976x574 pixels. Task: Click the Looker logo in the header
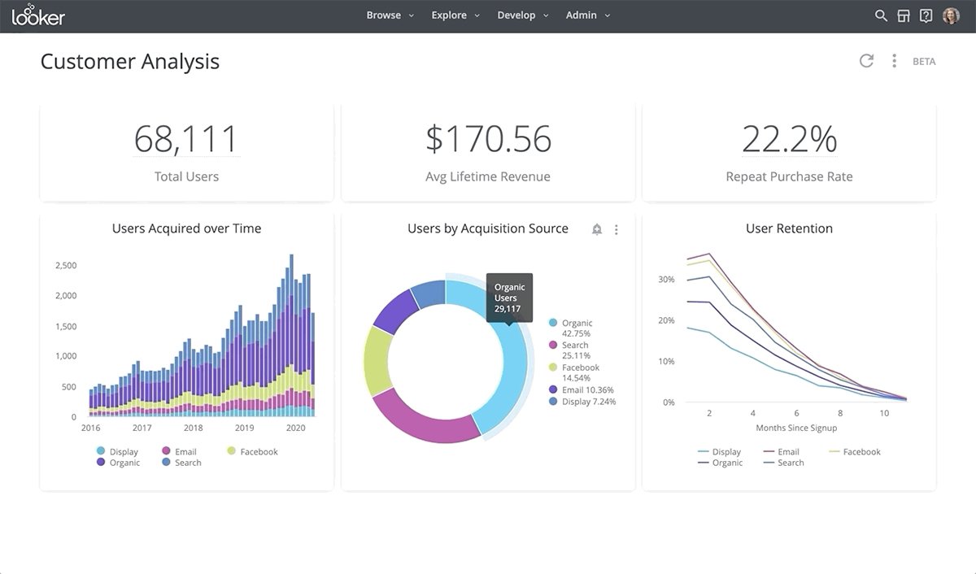coord(38,15)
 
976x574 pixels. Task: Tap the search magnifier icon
coord(881,15)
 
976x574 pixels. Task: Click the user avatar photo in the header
coord(950,15)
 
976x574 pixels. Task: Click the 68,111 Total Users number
coord(186,139)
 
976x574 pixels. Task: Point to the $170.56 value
coord(488,139)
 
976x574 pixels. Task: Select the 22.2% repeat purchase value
coord(789,139)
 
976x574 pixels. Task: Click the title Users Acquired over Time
coord(186,228)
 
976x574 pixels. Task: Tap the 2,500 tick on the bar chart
coord(66,266)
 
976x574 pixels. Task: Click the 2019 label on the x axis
coord(244,428)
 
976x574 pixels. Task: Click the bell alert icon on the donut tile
coord(597,230)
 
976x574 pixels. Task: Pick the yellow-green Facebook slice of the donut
coord(377,361)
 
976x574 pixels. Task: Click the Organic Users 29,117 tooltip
coord(510,298)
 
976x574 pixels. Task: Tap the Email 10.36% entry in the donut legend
coord(582,390)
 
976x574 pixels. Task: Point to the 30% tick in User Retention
coord(666,280)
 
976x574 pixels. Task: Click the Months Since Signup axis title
coord(796,428)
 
